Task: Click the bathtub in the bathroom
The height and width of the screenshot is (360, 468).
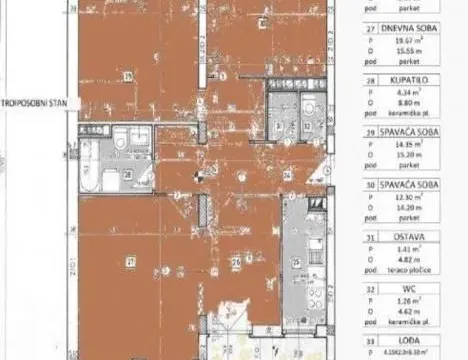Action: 89,168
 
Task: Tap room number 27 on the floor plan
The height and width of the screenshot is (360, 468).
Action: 129,261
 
